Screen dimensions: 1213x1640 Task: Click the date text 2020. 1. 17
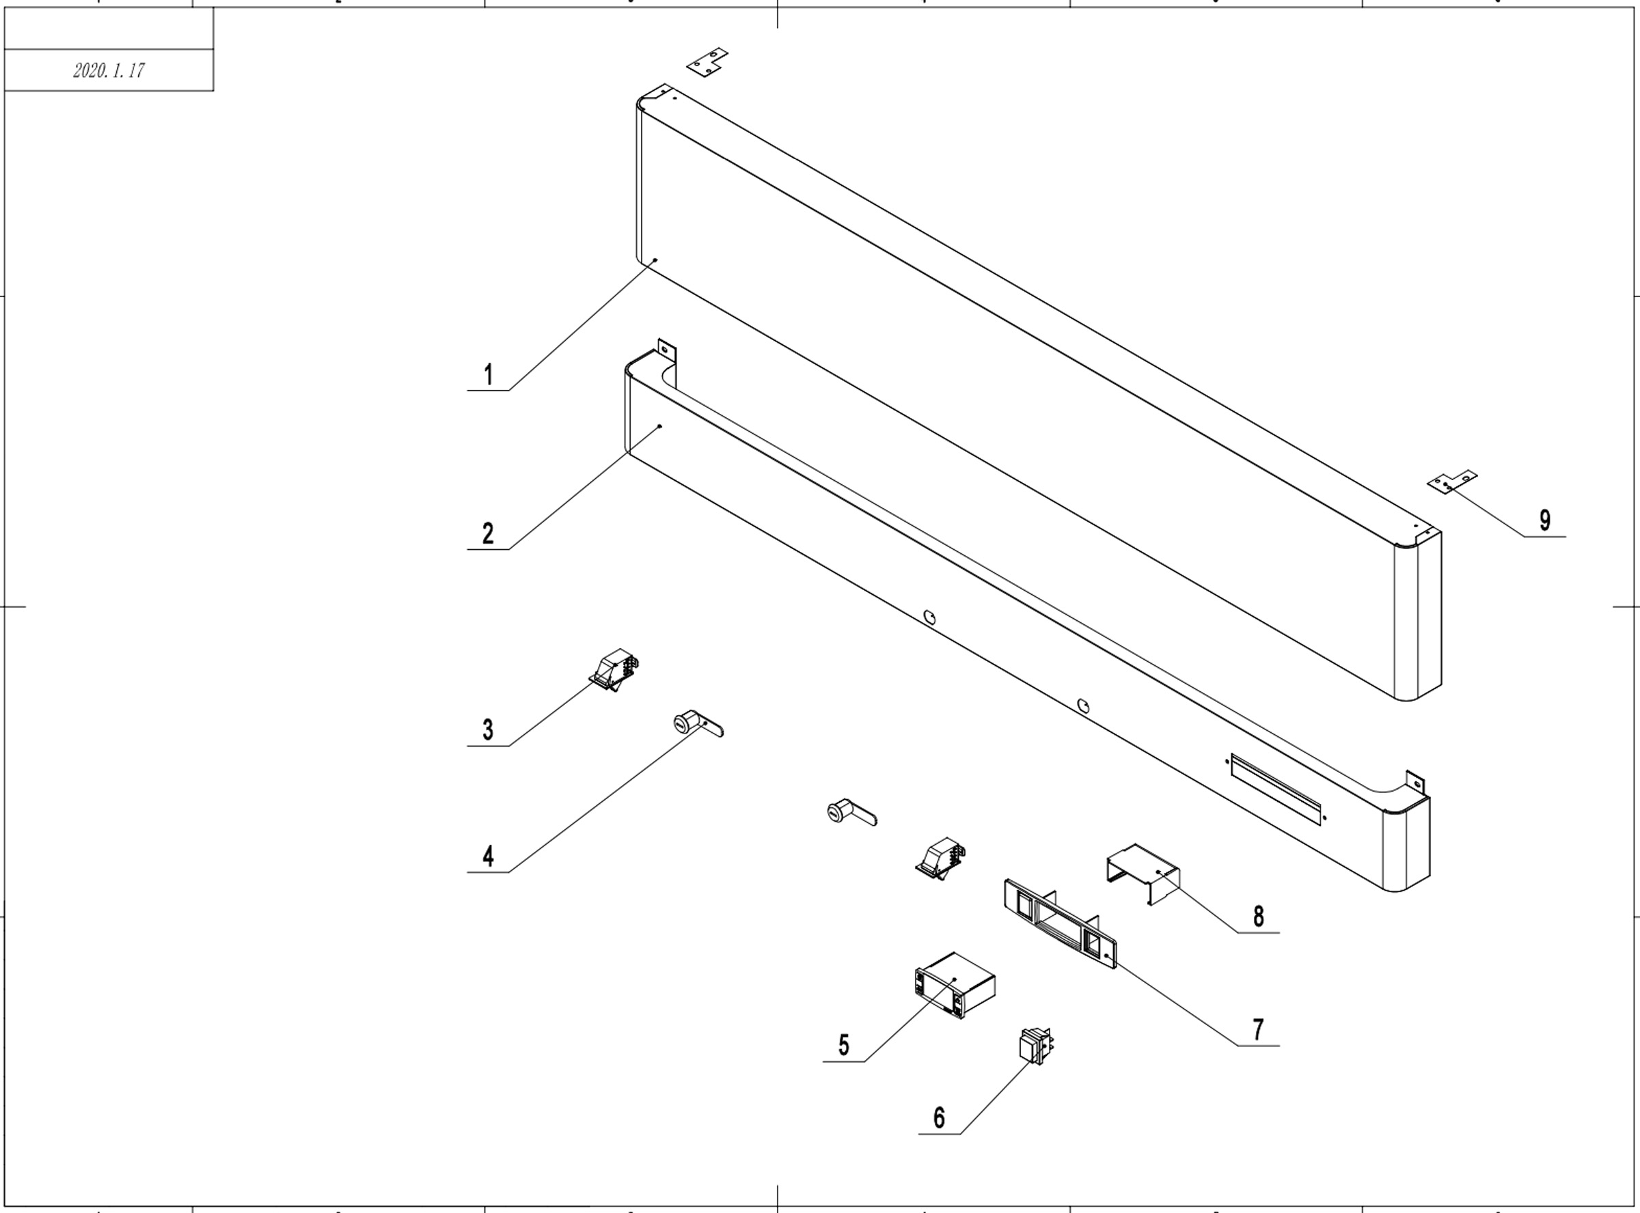tap(109, 71)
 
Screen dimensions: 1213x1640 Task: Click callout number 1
tap(489, 375)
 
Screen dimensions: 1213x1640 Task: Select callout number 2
tap(489, 534)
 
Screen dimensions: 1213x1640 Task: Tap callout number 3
tap(489, 731)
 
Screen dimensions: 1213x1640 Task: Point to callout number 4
tap(489, 857)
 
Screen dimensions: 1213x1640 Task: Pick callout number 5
tap(843, 1046)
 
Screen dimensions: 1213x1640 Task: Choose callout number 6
tap(939, 1118)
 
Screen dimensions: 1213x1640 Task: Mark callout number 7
tap(1258, 1030)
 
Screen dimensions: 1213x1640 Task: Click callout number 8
tap(1258, 917)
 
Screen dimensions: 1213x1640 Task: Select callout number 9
tap(1544, 520)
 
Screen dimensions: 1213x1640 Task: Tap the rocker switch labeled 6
tap(1034, 1046)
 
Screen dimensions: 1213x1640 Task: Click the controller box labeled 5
tap(955, 985)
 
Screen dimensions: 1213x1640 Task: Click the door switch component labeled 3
tap(616, 671)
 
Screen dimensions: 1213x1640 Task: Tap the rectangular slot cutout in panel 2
tap(1276, 788)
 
